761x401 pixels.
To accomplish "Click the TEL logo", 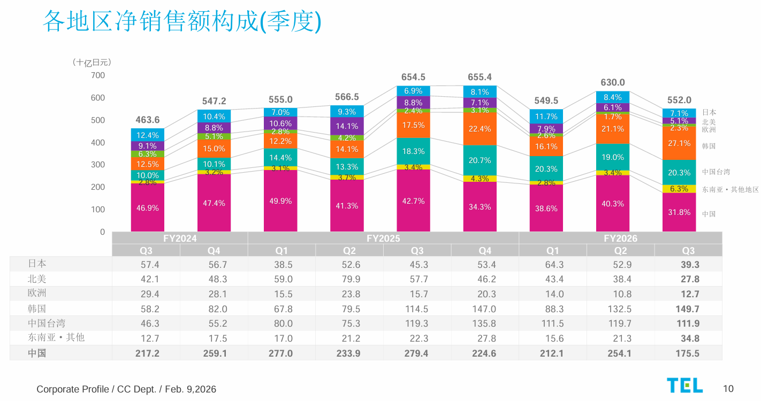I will click(684, 385).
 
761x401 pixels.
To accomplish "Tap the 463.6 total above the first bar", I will click(147, 120).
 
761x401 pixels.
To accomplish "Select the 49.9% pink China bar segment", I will click(280, 200).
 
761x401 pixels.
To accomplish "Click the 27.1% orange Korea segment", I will click(679, 143).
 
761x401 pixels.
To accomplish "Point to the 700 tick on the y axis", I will click(98, 75).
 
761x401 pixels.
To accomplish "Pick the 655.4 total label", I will click(480, 77).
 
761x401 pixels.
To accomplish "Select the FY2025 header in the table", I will click(383, 238).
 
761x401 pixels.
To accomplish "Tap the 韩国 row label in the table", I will click(37, 309).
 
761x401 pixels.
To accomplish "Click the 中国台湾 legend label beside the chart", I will click(716, 172).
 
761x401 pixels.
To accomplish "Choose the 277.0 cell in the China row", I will click(283, 353).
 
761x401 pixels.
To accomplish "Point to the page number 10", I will click(728, 389).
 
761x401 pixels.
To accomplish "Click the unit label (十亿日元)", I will click(92, 63).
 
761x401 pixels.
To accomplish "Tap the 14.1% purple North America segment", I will click(347, 127).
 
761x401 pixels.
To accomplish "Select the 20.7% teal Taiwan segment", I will click(480, 160).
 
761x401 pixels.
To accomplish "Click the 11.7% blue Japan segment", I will click(546, 117).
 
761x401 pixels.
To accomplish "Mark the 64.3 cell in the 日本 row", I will click(554, 264).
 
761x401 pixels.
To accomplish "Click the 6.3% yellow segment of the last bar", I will click(679, 189).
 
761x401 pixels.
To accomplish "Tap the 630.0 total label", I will click(613, 83).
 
